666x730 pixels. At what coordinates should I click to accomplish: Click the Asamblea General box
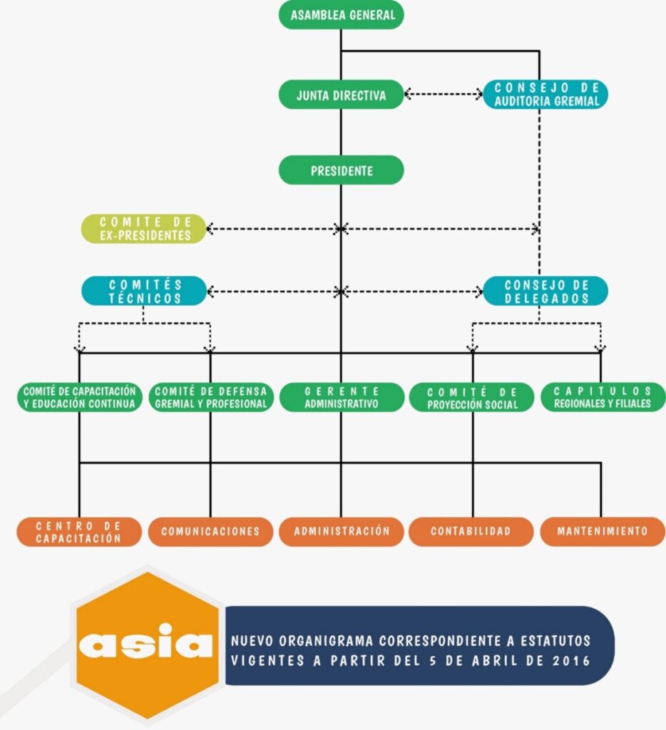click(x=341, y=16)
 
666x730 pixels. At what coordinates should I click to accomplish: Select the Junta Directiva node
click(x=341, y=95)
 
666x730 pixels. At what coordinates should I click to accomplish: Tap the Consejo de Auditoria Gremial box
click(x=545, y=95)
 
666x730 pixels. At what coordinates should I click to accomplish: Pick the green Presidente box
click(x=341, y=171)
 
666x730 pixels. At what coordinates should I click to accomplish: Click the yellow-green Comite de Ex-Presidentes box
click(x=143, y=229)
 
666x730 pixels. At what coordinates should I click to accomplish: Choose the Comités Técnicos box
click(x=143, y=291)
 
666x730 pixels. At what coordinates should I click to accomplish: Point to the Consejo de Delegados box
click(x=545, y=291)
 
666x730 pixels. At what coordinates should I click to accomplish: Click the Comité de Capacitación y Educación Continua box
click(x=78, y=398)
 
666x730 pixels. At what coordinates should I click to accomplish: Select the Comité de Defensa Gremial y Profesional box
click(x=210, y=398)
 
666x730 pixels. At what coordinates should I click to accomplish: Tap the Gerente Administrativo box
click(x=341, y=398)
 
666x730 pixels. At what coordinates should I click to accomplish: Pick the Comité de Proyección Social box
click(x=471, y=398)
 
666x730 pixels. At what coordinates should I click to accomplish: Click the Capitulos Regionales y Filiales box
click(x=603, y=398)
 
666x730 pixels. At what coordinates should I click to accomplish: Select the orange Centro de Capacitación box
click(x=78, y=532)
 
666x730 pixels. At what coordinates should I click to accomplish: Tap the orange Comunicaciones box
click(x=210, y=532)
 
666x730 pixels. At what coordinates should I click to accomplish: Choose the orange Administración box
click(x=341, y=532)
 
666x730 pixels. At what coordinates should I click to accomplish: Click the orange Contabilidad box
click(x=471, y=532)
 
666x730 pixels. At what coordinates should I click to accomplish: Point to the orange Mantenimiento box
click(x=603, y=532)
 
